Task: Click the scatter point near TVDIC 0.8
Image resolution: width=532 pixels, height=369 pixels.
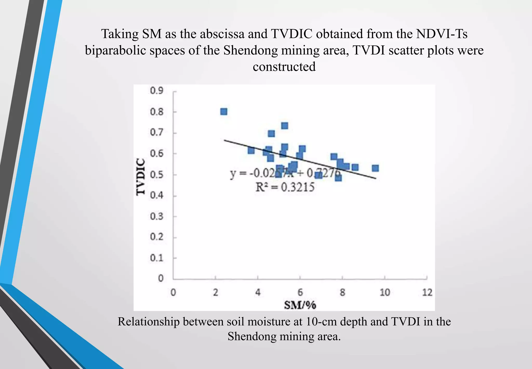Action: tap(224, 112)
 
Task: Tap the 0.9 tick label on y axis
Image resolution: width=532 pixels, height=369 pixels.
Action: tap(157, 91)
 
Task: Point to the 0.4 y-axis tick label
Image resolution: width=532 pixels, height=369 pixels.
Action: tap(157, 195)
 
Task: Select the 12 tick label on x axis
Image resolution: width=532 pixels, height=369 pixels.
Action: tap(427, 292)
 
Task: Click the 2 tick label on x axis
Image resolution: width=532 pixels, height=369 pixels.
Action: tap(215, 292)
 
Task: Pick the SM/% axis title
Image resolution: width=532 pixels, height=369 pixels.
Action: tap(300, 305)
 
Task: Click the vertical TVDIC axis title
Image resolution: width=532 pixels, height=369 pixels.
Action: tap(141, 177)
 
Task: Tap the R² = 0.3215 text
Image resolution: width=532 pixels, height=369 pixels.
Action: tap(285, 187)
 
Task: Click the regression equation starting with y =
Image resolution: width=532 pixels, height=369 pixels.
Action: tap(285, 173)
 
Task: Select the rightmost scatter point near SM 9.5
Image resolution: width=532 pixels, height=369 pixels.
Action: tap(375, 168)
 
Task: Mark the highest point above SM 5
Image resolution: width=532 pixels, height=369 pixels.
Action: tap(284, 126)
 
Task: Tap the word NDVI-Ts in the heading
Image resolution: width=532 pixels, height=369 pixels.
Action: tap(442, 34)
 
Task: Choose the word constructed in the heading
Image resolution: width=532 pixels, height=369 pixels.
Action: tap(284, 67)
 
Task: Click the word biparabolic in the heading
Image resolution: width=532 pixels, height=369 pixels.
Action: tap(116, 50)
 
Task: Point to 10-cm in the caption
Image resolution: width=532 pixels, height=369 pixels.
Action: tap(321, 322)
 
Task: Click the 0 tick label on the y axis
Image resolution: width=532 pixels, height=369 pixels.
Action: tap(161, 278)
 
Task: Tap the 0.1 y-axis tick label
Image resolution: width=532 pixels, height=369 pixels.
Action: tap(157, 258)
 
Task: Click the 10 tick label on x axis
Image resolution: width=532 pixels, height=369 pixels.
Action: tap(385, 292)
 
